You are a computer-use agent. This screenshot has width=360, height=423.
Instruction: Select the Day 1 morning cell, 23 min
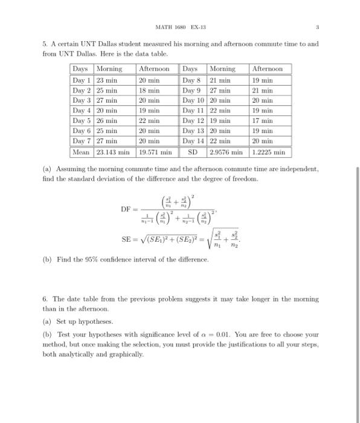[x=106, y=80]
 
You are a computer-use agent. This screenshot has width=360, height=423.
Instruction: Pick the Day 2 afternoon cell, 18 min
[x=149, y=91]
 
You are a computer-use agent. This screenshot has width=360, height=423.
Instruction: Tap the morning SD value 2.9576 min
[x=227, y=152]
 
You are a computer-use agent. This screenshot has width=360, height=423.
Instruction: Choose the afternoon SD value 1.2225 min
[x=269, y=152]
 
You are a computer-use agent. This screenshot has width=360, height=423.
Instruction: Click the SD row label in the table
[x=193, y=152]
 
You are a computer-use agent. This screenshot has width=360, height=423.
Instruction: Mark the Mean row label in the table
[x=82, y=152]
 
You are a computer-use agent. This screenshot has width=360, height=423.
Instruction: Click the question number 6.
[x=44, y=299]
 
